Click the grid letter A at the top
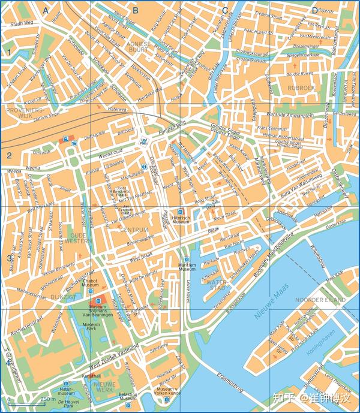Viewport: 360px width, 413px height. click(46, 10)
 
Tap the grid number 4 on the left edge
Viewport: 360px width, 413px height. click(8, 362)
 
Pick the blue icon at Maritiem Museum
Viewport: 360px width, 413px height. click(186, 260)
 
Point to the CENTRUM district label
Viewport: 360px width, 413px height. click(133, 230)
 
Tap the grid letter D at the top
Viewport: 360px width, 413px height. click(314, 10)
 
